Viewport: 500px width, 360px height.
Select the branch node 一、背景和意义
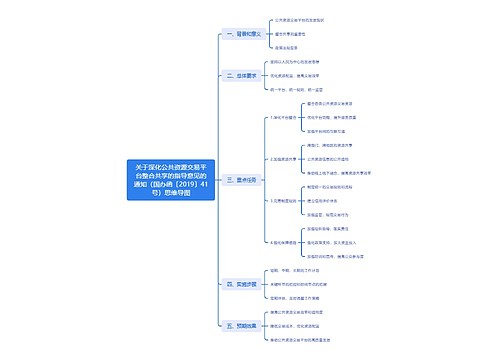coord(244,34)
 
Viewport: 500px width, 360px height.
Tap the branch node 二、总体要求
coord(244,75)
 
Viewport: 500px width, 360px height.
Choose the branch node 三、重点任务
coord(244,179)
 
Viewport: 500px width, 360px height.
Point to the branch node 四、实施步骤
coord(244,283)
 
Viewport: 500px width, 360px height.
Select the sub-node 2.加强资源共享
coord(283,159)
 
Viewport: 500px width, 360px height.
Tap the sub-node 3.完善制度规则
coord(283,201)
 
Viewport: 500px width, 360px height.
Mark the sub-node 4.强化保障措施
coord(283,242)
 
